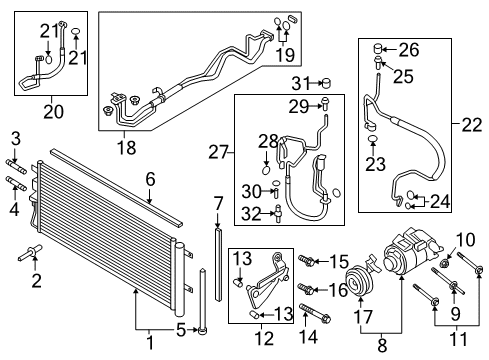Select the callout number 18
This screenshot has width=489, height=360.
pyautogui.click(x=126, y=148)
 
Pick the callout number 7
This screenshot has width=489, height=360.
pyautogui.click(x=219, y=204)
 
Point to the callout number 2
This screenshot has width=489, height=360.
pyautogui.click(x=37, y=281)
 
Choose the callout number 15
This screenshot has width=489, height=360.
pyautogui.click(x=339, y=260)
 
